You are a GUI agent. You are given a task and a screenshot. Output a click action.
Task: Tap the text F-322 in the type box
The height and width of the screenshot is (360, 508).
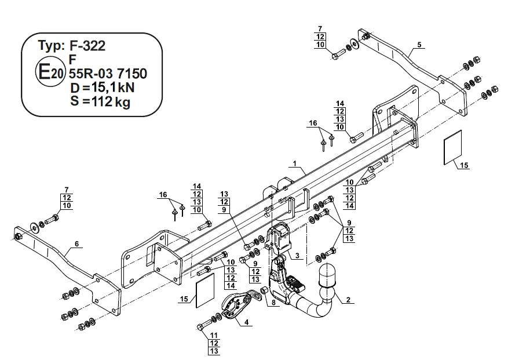coord(87,45)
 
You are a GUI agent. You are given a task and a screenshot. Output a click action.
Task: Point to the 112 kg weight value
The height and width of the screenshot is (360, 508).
coord(108,103)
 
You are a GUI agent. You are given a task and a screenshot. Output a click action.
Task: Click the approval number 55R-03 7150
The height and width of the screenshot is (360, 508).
coord(107,74)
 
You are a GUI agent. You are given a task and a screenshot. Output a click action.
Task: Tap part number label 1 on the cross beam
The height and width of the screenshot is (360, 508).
coord(295,165)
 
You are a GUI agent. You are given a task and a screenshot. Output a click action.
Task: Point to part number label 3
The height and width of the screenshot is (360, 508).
coord(297,255)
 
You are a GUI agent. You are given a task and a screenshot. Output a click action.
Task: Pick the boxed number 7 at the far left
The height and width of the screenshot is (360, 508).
coord(67,190)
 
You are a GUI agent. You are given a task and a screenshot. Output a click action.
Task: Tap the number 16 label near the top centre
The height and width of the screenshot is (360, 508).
coord(313,123)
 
